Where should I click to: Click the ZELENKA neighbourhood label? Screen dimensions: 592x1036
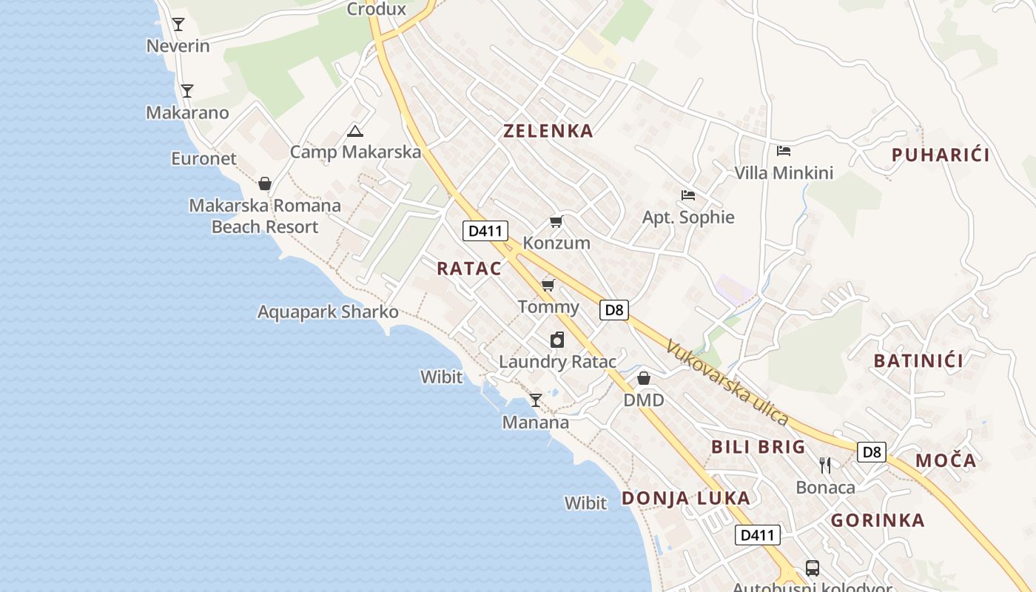pyautogui.click(x=548, y=131)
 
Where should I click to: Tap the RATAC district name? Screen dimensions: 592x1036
pyautogui.click(x=468, y=269)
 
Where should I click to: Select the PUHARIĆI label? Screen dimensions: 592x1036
pyautogui.click(x=940, y=155)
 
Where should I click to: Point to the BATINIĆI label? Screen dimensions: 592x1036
pyautogui.click(x=918, y=361)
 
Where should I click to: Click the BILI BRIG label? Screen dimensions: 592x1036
pyautogui.click(x=758, y=447)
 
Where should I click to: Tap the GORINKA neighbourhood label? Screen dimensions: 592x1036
pyautogui.click(x=878, y=520)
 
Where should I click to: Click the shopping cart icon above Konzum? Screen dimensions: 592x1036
pyautogui.click(x=556, y=221)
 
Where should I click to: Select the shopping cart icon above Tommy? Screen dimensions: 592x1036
pyautogui.click(x=548, y=285)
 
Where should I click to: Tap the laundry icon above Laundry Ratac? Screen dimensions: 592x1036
pyautogui.click(x=557, y=340)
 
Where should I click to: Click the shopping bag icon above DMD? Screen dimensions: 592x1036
pyautogui.click(x=644, y=378)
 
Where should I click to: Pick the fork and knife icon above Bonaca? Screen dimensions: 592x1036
pyautogui.click(x=825, y=465)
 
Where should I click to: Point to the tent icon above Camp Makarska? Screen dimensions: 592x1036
pyautogui.click(x=355, y=132)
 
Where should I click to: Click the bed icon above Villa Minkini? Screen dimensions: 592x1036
pyautogui.click(x=784, y=151)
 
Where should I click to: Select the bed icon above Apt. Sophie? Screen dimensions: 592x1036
pyautogui.click(x=688, y=195)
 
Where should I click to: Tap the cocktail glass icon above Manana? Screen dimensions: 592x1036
pyautogui.click(x=536, y=400)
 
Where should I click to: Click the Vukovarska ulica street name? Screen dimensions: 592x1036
pyautogui.click(x=727, y=382)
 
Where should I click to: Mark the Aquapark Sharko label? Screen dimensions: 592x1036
pyautogui.click(x=328, y=312)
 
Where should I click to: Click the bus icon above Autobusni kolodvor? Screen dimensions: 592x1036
pyautogui.click(x=812, y=568)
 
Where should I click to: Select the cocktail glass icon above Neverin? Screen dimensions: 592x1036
pyautogui.click(x=178, y=24)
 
